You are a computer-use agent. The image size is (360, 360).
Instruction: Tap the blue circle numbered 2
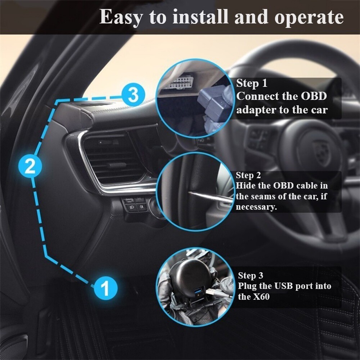pyautogui.click(x=30, y=166)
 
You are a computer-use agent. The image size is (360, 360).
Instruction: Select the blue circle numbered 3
pyautogui.click(x=133, y=95)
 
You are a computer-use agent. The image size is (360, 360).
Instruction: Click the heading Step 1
pyautogui.click(x=252, y=84)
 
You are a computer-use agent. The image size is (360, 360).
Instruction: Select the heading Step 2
pyautogui.click(x=248, y=176)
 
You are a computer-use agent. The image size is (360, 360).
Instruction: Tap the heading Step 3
pyautogui.click(x=251, y=276)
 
